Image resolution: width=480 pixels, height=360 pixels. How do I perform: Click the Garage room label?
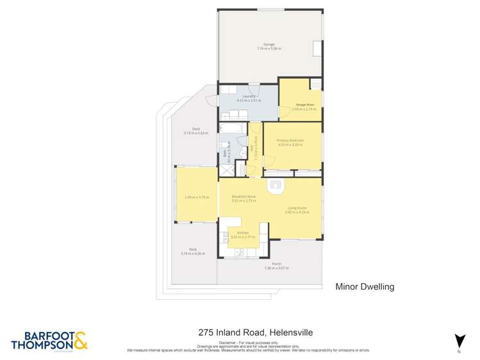[270, 44]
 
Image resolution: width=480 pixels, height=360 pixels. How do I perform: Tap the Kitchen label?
[243, 232]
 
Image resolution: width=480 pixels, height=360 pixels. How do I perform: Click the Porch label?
[277, 264]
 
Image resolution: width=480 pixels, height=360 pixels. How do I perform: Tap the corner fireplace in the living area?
[276, 186]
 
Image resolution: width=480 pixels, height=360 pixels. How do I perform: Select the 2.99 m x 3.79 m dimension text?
[197, 197]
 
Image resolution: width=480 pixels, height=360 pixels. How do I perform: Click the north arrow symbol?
[459, 340]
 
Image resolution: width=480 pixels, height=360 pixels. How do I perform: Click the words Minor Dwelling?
[365, 286]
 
